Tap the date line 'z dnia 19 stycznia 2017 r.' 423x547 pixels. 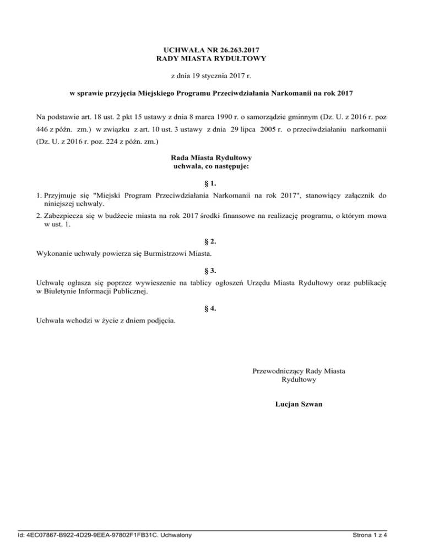211,75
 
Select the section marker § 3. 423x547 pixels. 211,270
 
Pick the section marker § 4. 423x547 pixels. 211,309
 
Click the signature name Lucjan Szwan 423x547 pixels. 298,404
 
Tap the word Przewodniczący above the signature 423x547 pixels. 277,371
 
